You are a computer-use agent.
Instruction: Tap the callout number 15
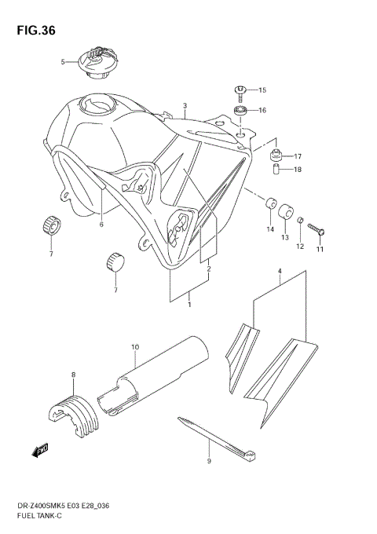coord(262,90)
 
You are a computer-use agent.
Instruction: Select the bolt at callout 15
coord(240,90)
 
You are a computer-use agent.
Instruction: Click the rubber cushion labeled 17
coord(276,154)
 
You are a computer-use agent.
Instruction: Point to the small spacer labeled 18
coord(276,170)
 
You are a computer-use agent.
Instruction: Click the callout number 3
coord(185,105)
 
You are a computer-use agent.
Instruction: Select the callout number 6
coord(101,225)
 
